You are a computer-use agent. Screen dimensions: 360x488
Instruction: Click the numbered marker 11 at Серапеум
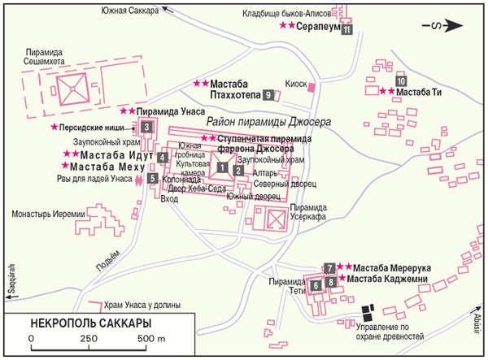[346, 30]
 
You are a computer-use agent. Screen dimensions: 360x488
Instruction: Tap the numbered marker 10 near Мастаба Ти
[399, 81]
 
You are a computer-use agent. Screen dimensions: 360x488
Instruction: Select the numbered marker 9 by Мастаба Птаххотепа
[268, 95]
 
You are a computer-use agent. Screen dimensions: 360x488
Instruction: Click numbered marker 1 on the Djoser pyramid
[220, 167]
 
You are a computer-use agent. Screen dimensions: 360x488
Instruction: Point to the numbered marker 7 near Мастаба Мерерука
[330, 267]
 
